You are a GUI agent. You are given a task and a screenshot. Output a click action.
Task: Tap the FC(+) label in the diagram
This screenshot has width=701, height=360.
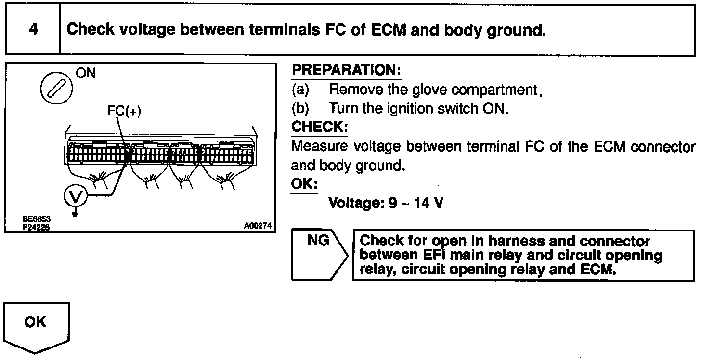click(x=124, y=111)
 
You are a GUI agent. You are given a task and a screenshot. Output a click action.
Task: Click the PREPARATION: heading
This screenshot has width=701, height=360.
click(x=346, y=70)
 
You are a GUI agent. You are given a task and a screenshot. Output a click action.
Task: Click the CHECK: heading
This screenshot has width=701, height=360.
click(x=319, y=128)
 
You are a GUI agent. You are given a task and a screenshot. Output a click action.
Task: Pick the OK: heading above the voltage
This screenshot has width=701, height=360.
click(x=304, y=185)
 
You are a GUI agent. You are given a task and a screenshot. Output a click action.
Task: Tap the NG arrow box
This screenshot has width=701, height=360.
click(x=318, y=254)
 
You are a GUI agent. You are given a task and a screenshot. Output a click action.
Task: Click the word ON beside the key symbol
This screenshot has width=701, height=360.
click(x=86, y=73)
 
